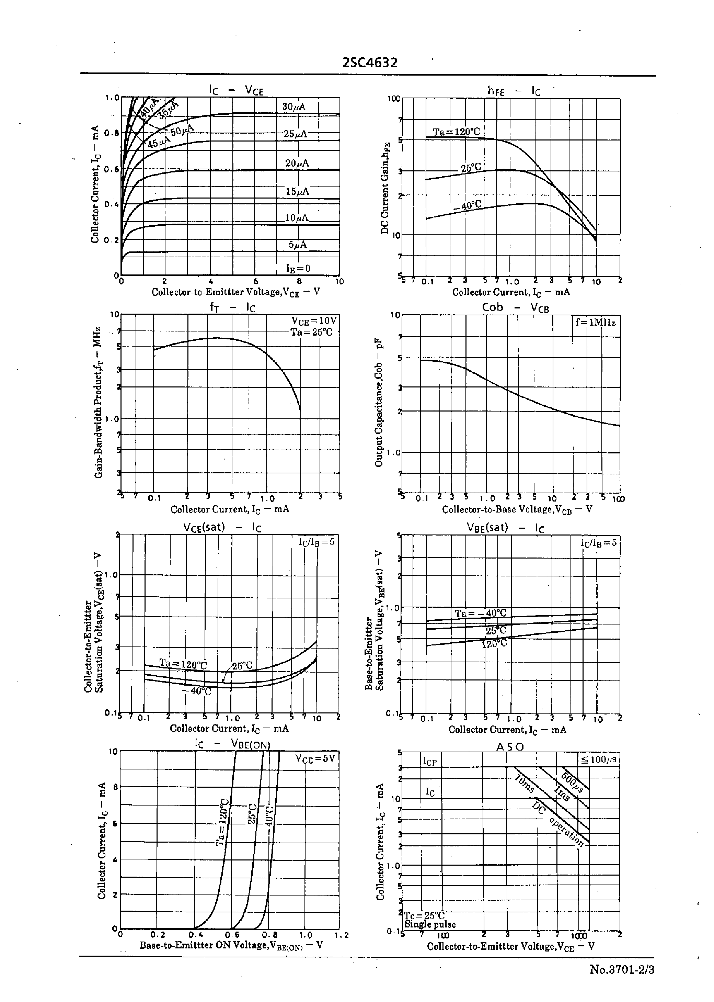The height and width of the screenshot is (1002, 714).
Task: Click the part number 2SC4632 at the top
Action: click(370, 63)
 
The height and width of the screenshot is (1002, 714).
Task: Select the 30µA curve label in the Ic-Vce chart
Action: click(294, 107)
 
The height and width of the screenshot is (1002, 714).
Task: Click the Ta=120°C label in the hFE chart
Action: click(456, 132)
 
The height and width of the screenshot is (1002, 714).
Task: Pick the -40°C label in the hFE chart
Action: click(467, 205)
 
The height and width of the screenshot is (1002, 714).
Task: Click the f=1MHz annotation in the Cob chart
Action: click(595, 323)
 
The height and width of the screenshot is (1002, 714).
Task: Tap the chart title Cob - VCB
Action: click(515, 307)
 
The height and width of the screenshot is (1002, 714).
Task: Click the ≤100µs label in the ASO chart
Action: click(598, 759)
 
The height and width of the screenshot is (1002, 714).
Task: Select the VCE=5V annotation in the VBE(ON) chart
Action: click(314, 758)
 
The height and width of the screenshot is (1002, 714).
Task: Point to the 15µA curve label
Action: click(297, 192)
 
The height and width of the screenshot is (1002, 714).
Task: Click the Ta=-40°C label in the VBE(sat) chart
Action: click(481, 613)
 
